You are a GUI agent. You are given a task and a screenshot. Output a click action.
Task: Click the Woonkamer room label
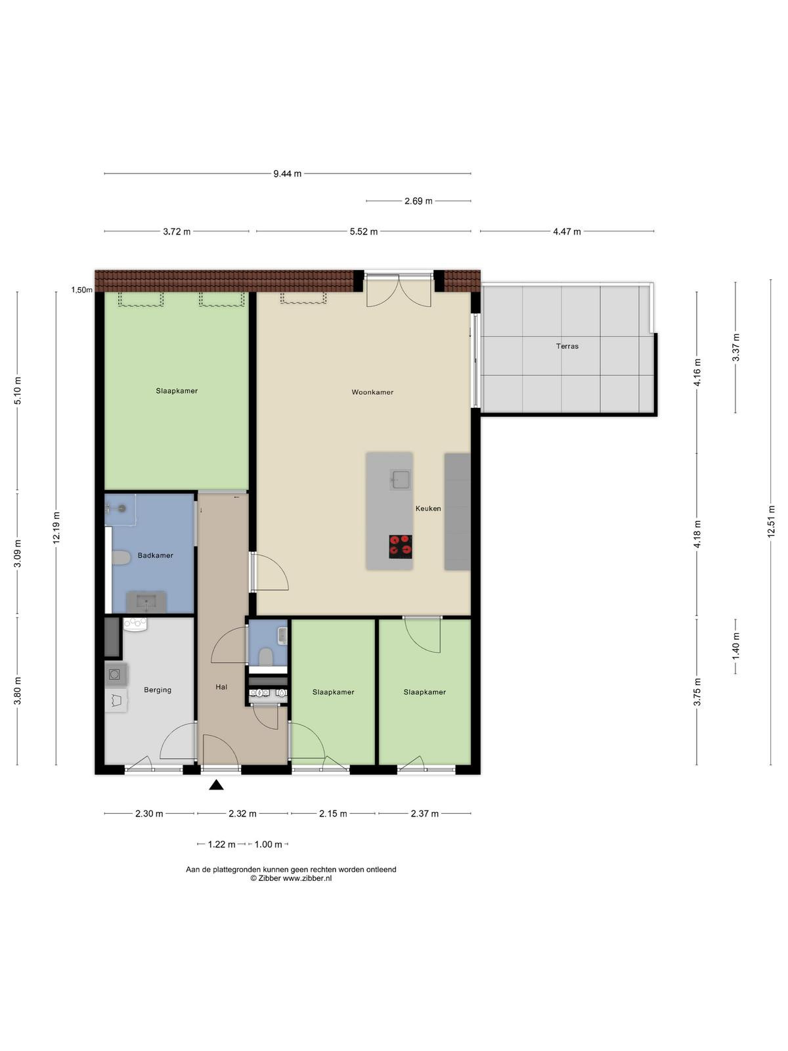[x=372, y=392]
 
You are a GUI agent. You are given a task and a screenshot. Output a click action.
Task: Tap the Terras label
[x=567, y=346]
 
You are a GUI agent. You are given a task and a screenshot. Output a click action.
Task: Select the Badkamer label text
[x=155, y=556]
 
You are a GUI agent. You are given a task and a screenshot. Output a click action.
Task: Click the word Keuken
[x=427, y=508]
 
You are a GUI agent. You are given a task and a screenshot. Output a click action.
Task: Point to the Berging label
[x=158, y=690]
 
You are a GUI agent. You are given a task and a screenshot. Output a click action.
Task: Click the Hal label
[x=221, y=687]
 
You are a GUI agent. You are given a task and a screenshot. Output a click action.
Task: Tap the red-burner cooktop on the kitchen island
[x=401, y=547]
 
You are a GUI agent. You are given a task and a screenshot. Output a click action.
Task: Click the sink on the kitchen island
[x=400, y=480]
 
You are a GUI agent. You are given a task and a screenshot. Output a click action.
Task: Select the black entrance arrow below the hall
[x=216, y=784]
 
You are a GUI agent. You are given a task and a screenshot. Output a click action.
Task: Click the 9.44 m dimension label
[x=287, y=174]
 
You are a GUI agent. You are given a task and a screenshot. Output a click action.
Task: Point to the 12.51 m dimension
[x=771, y=522]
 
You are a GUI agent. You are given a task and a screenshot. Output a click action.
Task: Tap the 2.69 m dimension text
[x=418, y=201]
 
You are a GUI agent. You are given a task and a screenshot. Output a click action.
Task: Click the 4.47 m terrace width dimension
[x=567, y=232]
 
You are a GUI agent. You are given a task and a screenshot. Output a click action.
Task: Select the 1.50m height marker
[x=82, y=290]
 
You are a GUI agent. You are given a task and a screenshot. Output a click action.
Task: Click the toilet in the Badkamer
[x=121, y=558]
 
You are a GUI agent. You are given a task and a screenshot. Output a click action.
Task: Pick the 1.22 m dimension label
[x=221, y=844]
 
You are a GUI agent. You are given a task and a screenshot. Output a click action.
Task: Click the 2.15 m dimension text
[x=333, y=813]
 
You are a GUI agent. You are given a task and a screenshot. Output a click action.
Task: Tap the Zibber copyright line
[x=291, y=878]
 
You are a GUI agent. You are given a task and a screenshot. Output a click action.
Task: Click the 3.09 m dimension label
[x=18, y=554]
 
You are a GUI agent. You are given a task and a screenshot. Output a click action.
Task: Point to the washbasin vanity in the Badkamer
[x=146, y=602]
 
